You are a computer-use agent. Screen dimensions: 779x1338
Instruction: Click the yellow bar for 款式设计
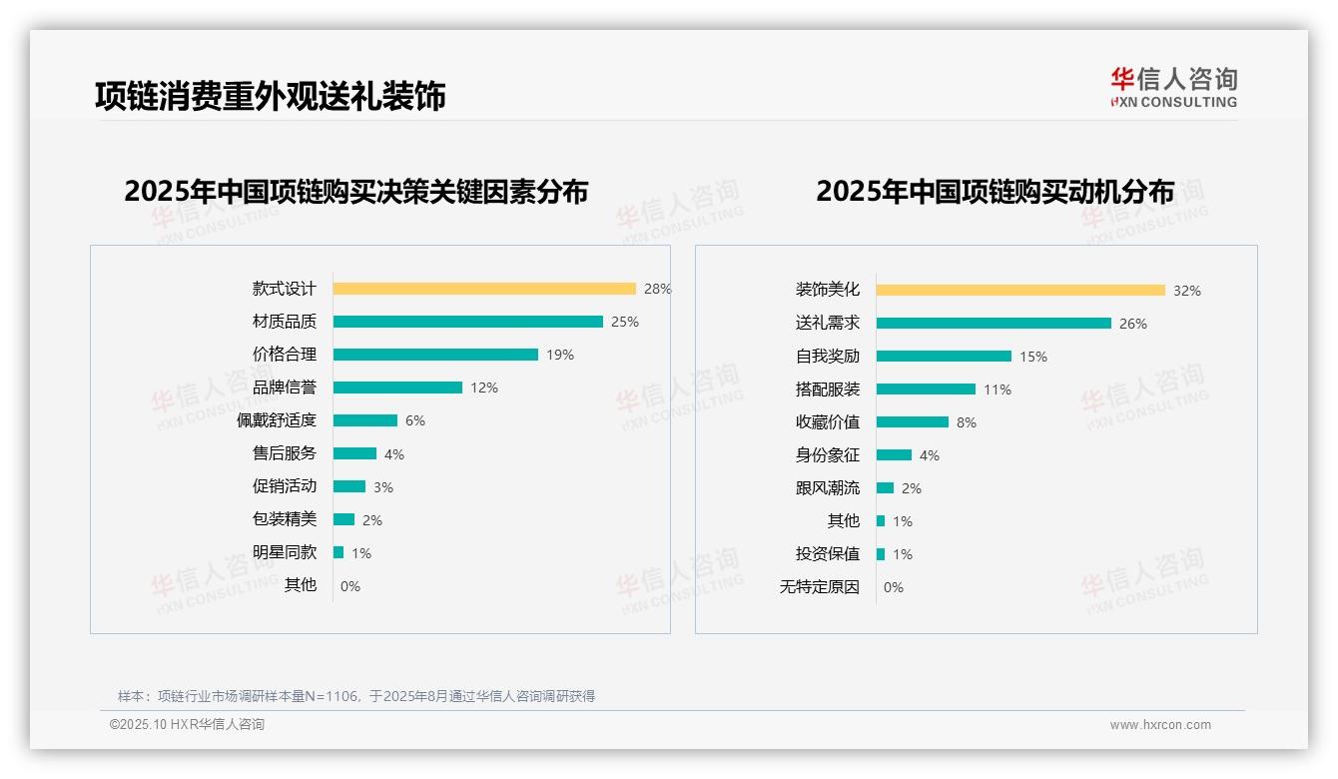[x=484, y=289]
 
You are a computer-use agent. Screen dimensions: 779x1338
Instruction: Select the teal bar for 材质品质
[x=467, y=322]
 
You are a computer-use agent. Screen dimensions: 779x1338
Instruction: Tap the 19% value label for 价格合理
[x=560, y=355]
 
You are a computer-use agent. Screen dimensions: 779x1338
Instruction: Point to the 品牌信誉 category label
[x=285, y=388]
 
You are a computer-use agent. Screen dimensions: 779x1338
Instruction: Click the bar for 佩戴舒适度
[x=365, y=420]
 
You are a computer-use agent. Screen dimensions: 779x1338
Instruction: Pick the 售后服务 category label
[x=285, y=453]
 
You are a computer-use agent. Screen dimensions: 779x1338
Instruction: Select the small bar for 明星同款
[x=338, y=552]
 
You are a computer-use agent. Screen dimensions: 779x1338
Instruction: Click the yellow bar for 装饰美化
[x=1020, y=291]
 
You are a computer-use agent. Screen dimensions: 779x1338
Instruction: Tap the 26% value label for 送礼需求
[x=1133, y=324]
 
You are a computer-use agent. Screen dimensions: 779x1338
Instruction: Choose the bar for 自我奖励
[x=944, y=357]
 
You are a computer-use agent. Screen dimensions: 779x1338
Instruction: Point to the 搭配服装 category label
[x=828, y=389]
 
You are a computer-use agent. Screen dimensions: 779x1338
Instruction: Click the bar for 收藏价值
[x=913, y=422]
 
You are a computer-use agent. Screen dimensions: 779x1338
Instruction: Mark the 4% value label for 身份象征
[x=930, y=455]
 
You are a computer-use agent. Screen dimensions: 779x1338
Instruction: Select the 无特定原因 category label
[x=820, y=587]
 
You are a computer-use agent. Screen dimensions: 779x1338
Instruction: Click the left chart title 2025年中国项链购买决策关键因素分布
[x=356, y=192]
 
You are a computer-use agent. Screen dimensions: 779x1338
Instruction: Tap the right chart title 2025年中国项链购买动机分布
[x=995, y=192]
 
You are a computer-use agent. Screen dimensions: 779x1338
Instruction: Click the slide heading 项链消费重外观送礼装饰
[x=270, y=96]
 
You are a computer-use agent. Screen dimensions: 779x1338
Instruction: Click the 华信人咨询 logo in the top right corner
[x=1173, y=88]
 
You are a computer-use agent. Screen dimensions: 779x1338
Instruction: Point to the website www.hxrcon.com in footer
[x=1160, y=725]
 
